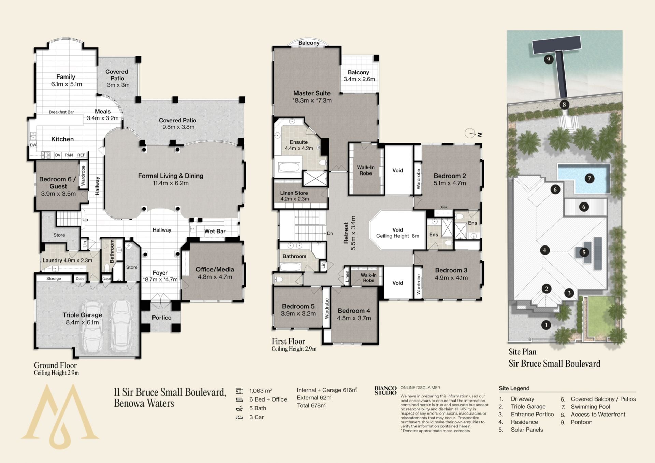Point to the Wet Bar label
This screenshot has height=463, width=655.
pos(215,231)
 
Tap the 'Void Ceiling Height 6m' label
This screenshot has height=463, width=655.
pos(397,233)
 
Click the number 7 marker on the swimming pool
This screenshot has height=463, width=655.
pos(589,178)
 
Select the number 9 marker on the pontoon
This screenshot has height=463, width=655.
pos(549,59)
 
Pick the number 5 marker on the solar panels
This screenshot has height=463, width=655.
pos(584,252)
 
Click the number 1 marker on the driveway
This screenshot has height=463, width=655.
pos(546,325)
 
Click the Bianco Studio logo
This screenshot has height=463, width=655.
pos(385,390)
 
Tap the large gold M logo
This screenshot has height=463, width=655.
pos(60,417)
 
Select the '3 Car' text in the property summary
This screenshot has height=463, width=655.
pos(256,417)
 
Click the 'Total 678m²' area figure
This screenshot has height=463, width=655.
pos(311,405)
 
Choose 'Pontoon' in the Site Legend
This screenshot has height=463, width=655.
pos(582,422)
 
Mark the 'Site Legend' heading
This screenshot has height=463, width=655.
pos(514,388)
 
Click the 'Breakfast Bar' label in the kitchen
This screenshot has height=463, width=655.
pos(61,112)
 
